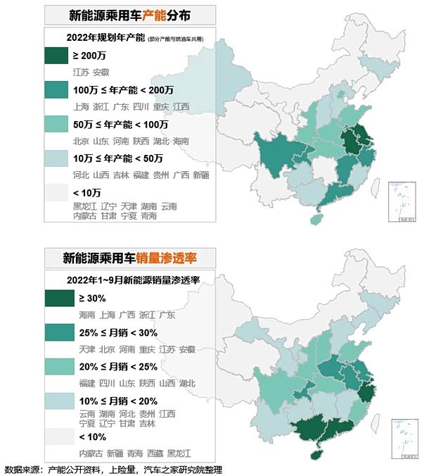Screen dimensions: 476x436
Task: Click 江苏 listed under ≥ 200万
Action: (x=81, y=73)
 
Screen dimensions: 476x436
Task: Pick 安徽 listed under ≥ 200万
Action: (x=101, y=73)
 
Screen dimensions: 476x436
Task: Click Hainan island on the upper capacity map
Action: (x=315, y=219)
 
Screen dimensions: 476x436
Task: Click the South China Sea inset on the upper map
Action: (x=404, y=202)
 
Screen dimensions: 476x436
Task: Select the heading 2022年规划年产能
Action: (x=104, y=37)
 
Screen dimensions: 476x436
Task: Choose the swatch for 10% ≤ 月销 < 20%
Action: (x=58, y=400)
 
